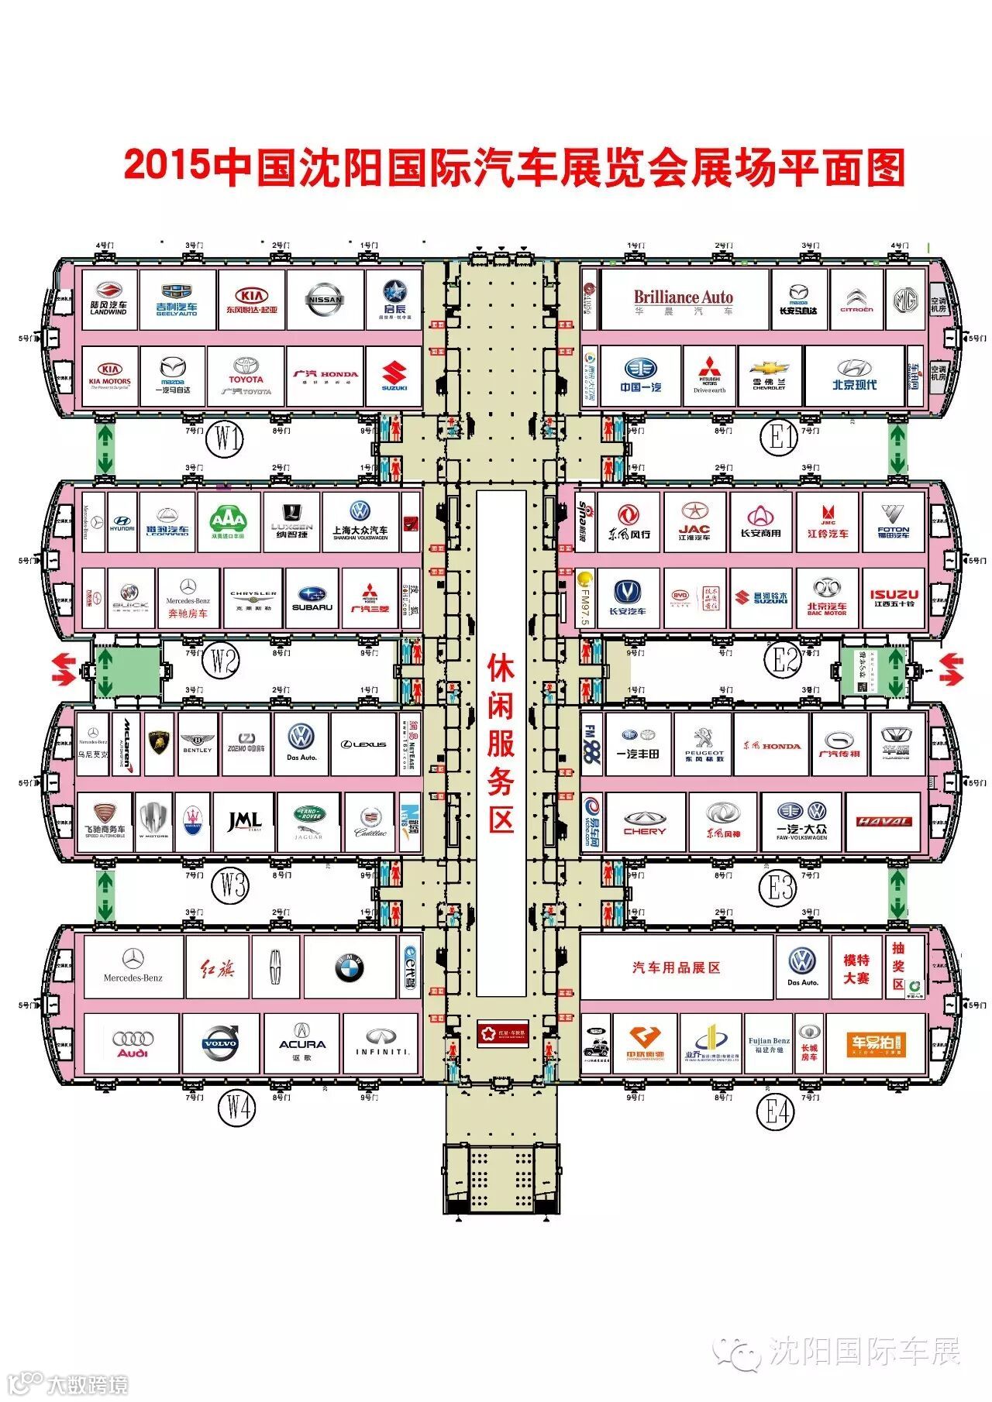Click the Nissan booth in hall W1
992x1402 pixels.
point(325,300)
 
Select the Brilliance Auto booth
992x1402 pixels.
point(683,300)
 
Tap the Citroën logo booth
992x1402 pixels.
point(856,300)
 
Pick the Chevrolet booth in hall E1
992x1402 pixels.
point(770,376)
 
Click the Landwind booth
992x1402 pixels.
point(108,300)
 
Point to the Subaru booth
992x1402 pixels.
point(312,599)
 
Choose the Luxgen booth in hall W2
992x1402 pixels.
point(291,522)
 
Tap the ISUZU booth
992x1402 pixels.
point(894,599)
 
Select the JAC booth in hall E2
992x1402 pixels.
point(694,522)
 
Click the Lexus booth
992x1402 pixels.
point(363,744)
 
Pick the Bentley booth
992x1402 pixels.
point(197,744)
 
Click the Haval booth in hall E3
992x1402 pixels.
point(884,822)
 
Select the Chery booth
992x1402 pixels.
point(645,822)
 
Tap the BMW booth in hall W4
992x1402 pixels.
point(350,967)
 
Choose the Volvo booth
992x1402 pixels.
point(219,1043)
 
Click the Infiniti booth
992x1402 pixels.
point(381,1043)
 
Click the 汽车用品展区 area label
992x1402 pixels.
point(676,967)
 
